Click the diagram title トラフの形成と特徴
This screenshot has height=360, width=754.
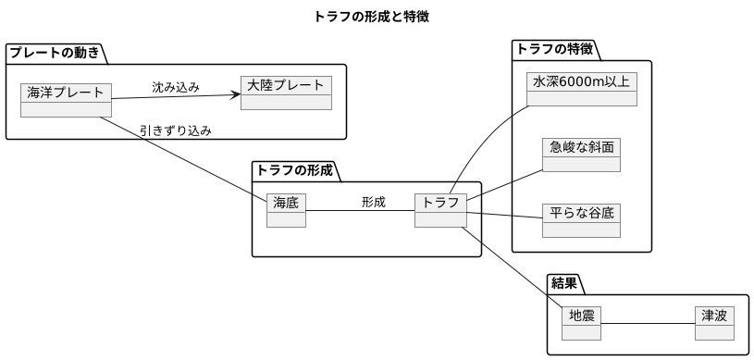[371, 17]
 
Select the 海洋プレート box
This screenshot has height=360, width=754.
[65, 99]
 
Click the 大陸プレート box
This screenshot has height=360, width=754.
[286, 93]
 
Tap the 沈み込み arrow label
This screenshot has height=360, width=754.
[176, 88]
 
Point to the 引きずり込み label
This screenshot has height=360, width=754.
[176, 130]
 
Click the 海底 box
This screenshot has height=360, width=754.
[286, 209]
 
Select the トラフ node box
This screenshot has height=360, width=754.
[440, 209]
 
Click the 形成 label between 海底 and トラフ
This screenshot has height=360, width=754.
[373, 202]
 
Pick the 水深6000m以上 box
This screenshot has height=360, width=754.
[581, 88]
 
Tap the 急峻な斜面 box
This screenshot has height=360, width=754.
[581, 154]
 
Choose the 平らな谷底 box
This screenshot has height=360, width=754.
[581, 218]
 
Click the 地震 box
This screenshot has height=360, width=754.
[581, 323]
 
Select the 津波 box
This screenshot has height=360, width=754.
[714, 323]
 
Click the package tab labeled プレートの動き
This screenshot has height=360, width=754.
[55, 53]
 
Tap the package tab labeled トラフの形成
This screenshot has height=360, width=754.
[293, 170]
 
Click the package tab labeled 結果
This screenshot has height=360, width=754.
[564, 282]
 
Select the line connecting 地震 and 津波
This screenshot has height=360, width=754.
[648, 323]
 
